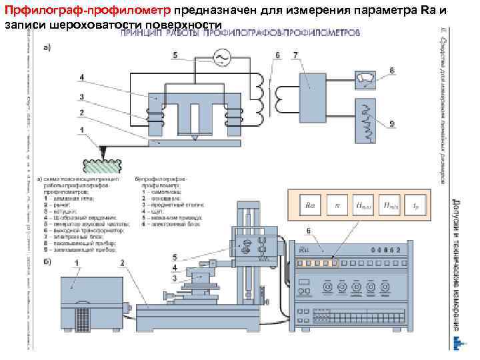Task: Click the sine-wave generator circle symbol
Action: (219, 59)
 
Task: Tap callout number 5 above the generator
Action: (174, 54)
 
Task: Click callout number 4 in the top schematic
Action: (81, 77)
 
